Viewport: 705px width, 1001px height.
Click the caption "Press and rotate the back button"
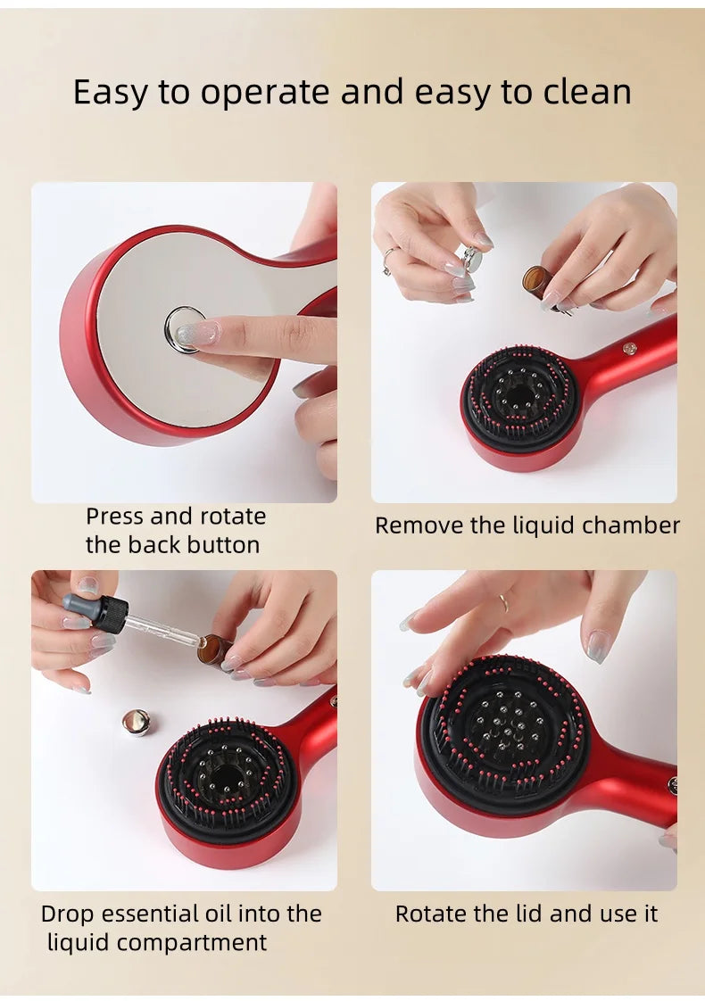pos(176,530)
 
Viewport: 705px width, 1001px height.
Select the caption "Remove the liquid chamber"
pos(527,525)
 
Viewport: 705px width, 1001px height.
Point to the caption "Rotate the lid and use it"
pos(527,914)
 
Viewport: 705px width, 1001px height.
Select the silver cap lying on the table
pos(136,722)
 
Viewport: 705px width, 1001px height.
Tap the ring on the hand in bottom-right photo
pos(504,602)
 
